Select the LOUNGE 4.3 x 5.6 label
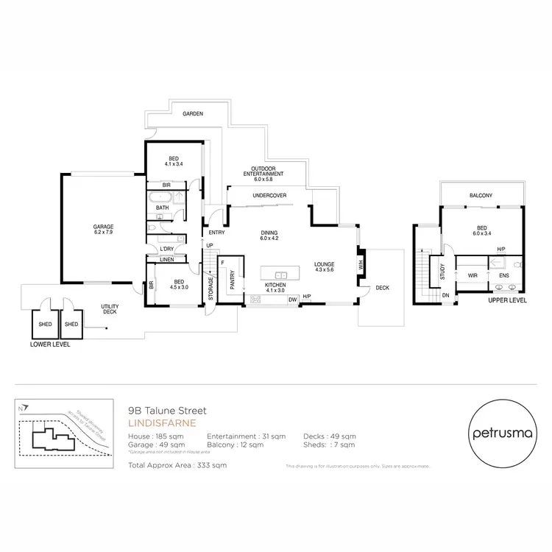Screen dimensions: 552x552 (x=324, y=266)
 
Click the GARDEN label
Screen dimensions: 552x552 (x=194, y=114)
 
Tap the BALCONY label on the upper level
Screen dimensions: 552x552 (x=481, y=195)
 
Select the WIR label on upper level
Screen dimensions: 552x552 (x=473, y=276)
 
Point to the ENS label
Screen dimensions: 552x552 (x=504, y=276)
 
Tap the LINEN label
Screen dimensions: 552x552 (x=167, y=260)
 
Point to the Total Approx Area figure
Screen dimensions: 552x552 (x=177, y=465)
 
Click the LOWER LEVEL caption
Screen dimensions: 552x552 (x=49, y=344)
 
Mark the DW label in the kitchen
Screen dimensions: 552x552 (x=292, y=299)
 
